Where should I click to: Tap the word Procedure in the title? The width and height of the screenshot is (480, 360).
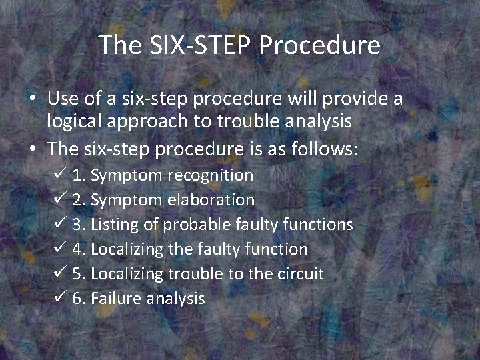click(x=320, y=45)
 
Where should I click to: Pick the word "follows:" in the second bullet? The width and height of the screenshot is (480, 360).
click(x=325, y=148)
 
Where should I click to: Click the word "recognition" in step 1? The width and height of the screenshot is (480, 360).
click(x=210, y=175)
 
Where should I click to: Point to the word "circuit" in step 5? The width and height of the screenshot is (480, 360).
click(x=300, y=274)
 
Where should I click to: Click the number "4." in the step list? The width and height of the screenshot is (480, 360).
click(x=79, y=249)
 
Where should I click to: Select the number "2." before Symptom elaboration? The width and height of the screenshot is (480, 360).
click(x=79, y=200)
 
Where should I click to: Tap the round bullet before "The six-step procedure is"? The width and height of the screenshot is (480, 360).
click(x=32, y=149)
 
